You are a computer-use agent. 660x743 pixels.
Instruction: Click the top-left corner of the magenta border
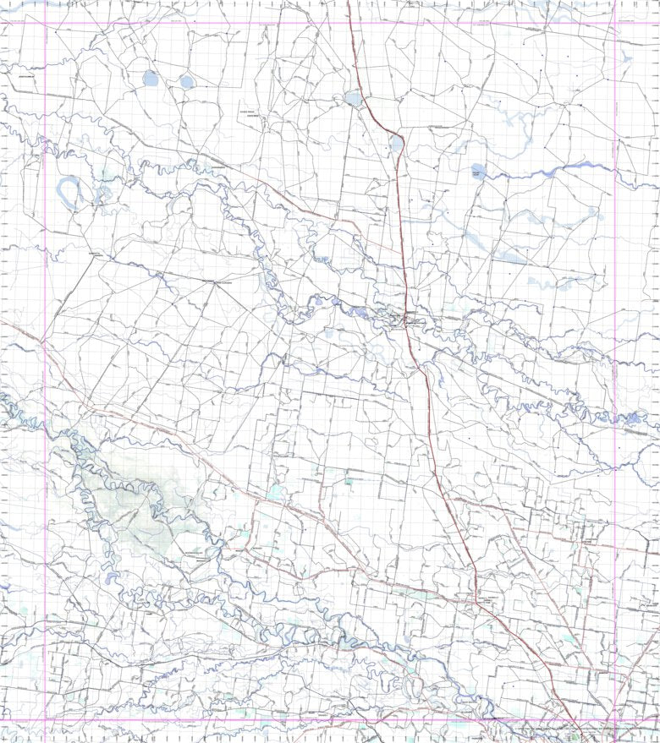(x=45, y=23)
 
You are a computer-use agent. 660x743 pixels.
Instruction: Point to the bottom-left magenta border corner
(x=45, y=721)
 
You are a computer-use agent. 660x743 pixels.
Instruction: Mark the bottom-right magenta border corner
(x=615, y=721)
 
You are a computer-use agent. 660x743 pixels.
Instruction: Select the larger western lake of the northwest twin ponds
(x=151, y=79)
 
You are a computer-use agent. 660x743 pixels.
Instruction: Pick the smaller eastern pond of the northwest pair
(x=186, y=82)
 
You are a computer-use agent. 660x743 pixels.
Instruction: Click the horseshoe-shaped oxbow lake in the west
(x=69, y=191)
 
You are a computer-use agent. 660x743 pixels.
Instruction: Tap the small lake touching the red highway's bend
(x=396, y=143)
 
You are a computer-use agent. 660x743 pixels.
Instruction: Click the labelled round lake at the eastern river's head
(x=479, y=172)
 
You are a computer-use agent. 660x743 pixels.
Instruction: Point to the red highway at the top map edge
(x=349, y=3)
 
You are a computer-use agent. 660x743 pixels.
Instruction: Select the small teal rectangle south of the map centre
(x=349, y=481)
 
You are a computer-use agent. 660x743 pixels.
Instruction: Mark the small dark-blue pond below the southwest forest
(x=113, y=580)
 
